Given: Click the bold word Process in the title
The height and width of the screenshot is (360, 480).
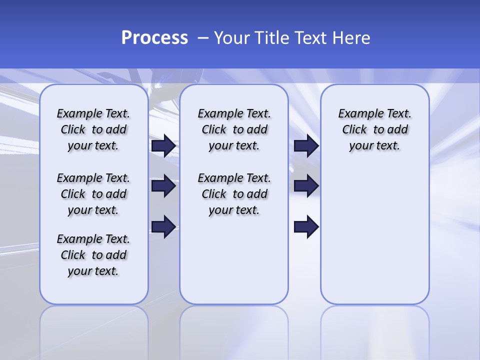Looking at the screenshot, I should click(154, 38).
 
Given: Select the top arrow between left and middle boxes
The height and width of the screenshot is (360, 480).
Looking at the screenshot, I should click(163, 145).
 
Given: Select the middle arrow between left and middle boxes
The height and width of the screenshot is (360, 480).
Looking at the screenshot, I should click(163, 186).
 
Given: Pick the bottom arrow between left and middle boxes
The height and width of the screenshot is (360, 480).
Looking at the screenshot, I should click(163, 227).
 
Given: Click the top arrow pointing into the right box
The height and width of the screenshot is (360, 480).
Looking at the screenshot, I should click(306, 145).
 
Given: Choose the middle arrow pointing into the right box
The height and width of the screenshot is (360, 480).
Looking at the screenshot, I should click(306, 186).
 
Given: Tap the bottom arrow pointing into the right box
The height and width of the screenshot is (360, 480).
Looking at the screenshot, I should click(306, 227).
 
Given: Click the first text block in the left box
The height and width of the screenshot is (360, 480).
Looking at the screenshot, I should click(93, 129).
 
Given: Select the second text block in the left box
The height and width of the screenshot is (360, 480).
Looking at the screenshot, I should click(93, 194).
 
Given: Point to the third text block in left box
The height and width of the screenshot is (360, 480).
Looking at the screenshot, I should click(93, 255).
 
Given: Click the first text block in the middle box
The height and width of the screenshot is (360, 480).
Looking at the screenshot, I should click(234, 129).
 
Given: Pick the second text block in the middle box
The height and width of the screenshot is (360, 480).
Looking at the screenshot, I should click(234, 194).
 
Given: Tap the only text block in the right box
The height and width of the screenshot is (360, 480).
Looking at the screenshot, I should click(374, 129).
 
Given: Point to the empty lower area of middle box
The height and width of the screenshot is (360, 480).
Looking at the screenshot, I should click(234, 260).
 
